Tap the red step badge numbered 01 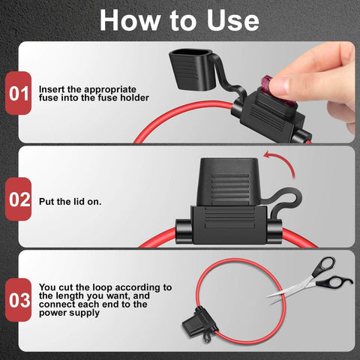18,94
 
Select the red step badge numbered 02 18,200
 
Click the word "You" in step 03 47,287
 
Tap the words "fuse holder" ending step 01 127,98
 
